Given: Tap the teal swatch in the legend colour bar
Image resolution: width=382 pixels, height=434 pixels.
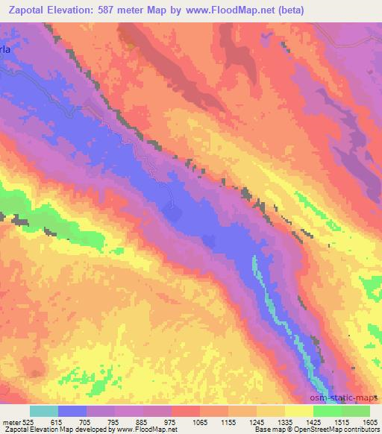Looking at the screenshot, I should tap(43, 411).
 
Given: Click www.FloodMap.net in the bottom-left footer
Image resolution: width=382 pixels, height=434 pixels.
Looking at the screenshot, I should tap(150, 430).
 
